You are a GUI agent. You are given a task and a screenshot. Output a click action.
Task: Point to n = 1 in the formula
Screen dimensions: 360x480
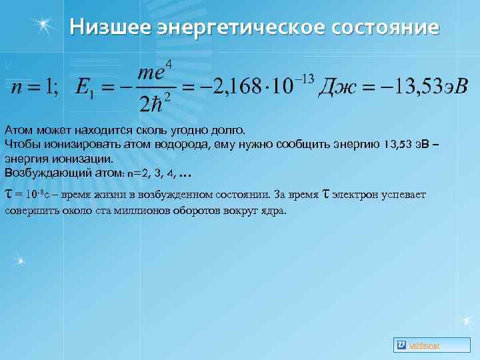(x=31, y=87)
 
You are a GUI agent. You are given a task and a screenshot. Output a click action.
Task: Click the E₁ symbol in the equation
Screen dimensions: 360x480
(x=83, y=88)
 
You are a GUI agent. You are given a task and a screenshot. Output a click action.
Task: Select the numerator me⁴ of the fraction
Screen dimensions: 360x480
(x=155, y=72)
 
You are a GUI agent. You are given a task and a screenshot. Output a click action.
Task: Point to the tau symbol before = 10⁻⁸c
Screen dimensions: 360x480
(x=8, y=195)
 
